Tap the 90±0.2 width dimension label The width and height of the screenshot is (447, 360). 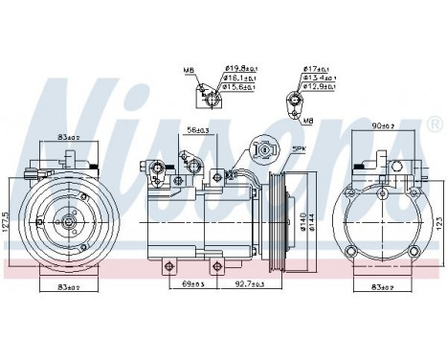(x=384, y=124)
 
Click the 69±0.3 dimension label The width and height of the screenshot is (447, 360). (x=195, y=284)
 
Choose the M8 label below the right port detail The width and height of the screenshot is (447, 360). (x=308, y=123)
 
